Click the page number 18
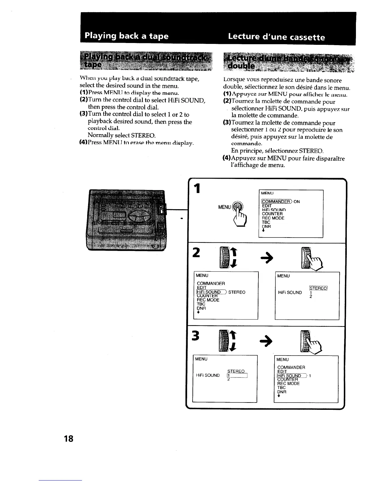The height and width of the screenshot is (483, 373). tap(69, 439)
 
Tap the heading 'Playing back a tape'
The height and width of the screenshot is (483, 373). tap(126, 36)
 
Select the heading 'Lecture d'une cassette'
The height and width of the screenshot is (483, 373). tap(276, 37)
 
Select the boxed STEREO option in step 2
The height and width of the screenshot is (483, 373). tap(318, 288)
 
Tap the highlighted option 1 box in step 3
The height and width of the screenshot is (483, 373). tap(238, 375)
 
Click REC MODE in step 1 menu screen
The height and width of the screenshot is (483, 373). tap(273, 218)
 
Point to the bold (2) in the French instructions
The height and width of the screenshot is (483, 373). tap(227, 102)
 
